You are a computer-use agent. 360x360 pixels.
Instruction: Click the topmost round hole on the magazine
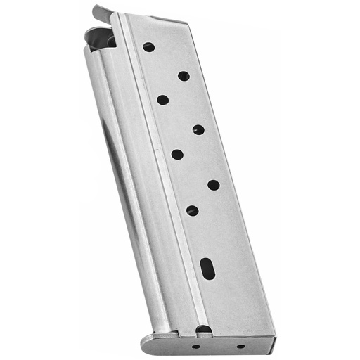point(148,47)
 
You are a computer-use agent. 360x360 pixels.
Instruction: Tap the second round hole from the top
point(184,76)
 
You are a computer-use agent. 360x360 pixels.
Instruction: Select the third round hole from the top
point(162,100)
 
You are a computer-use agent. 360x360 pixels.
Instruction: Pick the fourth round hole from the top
point(198,129)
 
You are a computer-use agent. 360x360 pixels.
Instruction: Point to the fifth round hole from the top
point(177,154)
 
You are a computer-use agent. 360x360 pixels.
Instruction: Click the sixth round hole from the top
point(213,185)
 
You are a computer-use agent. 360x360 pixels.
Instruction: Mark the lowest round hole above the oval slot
point(192,210)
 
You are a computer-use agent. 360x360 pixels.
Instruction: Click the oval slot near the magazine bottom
point(207,267)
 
